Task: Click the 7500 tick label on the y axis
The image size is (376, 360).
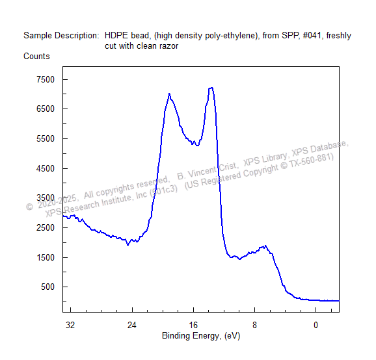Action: pyautogui.click(x=46, y=79)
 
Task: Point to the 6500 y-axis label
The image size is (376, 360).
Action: pyautogui.click(x=46, y=109)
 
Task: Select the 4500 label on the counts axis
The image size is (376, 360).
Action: pyautogui.click(x=46, y=168)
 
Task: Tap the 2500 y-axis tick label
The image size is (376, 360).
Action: pyautogui.click(x=46, y=227)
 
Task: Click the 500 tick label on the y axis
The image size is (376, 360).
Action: pyautogui.click(x=47, y=287)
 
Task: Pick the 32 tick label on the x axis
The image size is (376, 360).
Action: pyautogui.click(x=70, y=325)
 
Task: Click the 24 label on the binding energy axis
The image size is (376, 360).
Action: pyautogui.click(x=132, y=325)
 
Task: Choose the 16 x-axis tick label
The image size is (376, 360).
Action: pyautogui.click(x=193, y=325)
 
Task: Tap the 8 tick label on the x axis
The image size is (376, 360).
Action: pyautogui.click(x=254, y=325)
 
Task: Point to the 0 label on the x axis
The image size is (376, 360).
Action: pyautogui.click(x=316, y=325)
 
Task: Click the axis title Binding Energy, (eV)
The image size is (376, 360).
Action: pyautogui.click(x=201, y=336)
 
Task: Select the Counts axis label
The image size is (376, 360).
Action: pyautogui.click(x=36, y=57)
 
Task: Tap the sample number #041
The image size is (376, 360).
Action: pyautogui.click(x=312, y=36)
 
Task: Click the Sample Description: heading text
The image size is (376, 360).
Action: pyautogui.click(x=61, y=36)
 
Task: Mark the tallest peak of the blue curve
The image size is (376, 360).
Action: pyautogui.click(x=211, y=88)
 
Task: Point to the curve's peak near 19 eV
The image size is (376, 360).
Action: pyautogui.click(x=169, y=94)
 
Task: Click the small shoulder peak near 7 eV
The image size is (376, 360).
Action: pyautogui.click(x=265, y=246)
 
